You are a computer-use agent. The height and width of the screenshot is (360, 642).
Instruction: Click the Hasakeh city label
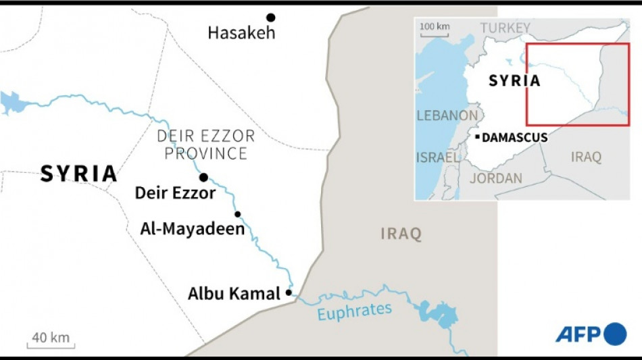(x=241, y=32)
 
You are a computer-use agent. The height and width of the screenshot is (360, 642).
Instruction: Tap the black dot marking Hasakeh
(x=270, y=17)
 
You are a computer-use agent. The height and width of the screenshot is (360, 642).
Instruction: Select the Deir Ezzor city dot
(x=203, y=177)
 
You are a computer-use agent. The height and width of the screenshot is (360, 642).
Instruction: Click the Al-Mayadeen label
(x=192, y=229)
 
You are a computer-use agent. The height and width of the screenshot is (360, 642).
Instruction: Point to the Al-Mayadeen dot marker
(x=237, y=214)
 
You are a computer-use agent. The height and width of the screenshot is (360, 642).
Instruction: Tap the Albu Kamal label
(x=233, y=294)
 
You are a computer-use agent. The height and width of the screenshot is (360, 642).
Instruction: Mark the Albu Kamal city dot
(x=289, y=292)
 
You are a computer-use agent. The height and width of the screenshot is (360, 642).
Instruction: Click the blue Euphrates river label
(x=354, y=312)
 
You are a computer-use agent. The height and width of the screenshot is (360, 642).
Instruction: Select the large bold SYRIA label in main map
(x=78, y=174)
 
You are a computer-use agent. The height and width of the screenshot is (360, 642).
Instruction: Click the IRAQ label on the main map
(x=401, y=234)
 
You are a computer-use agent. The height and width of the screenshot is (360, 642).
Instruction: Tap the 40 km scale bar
(x=51, y=340)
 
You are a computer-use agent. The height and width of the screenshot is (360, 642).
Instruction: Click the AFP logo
(x=591, y=334)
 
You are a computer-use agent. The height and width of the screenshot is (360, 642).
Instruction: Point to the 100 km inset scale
(x=435, y=28)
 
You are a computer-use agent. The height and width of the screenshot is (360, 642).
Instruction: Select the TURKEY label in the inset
(x=505, y=28)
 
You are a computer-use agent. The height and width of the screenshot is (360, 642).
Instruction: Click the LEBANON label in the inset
(x=447, y=115)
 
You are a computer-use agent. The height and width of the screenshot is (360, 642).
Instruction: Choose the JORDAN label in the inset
(x=495, y=178)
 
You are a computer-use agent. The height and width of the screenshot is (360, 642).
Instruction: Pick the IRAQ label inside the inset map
(x=585, y=157)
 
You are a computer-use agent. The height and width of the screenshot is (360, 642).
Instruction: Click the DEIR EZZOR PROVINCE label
(x=205, y=145)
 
